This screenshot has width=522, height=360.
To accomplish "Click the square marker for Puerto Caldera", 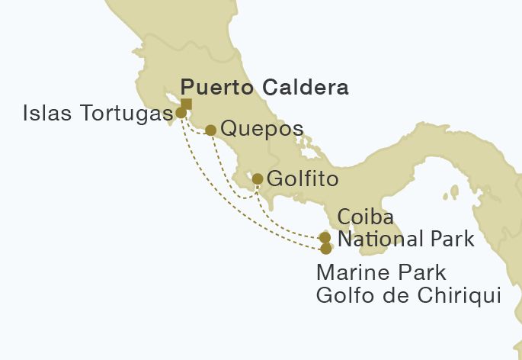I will [186, 104].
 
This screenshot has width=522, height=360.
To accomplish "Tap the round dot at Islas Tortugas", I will [181, 113].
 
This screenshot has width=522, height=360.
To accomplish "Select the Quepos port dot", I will [210, 130].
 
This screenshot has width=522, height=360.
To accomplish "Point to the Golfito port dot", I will [258, 179].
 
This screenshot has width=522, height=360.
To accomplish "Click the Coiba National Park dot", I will [325, 238].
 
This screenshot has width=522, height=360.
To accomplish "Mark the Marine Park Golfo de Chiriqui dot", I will [326, 249].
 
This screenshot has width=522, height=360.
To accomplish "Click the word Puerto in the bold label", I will [215, 88].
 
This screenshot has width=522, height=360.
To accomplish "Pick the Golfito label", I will [302, 179].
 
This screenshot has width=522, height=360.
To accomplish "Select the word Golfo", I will [343, 294].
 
